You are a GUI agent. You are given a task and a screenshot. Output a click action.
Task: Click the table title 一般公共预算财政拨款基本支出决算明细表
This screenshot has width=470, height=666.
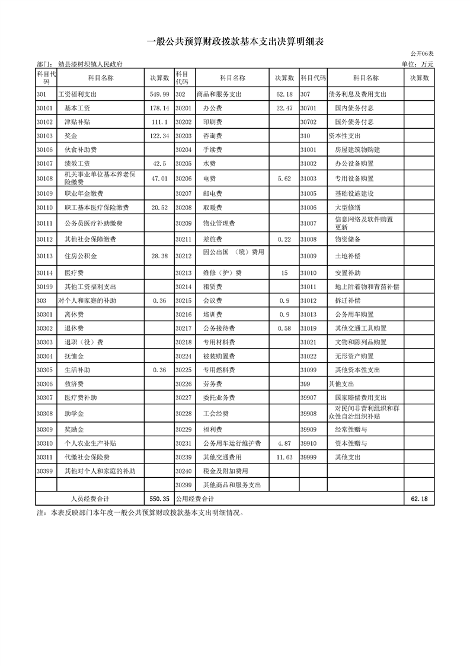click(x=235, y=42)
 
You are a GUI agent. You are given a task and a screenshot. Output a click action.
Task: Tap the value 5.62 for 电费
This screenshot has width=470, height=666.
click(x=284, y=178)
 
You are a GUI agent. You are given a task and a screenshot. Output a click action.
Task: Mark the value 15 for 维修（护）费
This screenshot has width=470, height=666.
click(x=284, y=273)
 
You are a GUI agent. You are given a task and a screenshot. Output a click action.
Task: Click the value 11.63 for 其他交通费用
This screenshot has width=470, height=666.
click(x=284, y=458)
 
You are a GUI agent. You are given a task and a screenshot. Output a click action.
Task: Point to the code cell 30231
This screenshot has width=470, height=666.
click(x=184, y=443)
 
